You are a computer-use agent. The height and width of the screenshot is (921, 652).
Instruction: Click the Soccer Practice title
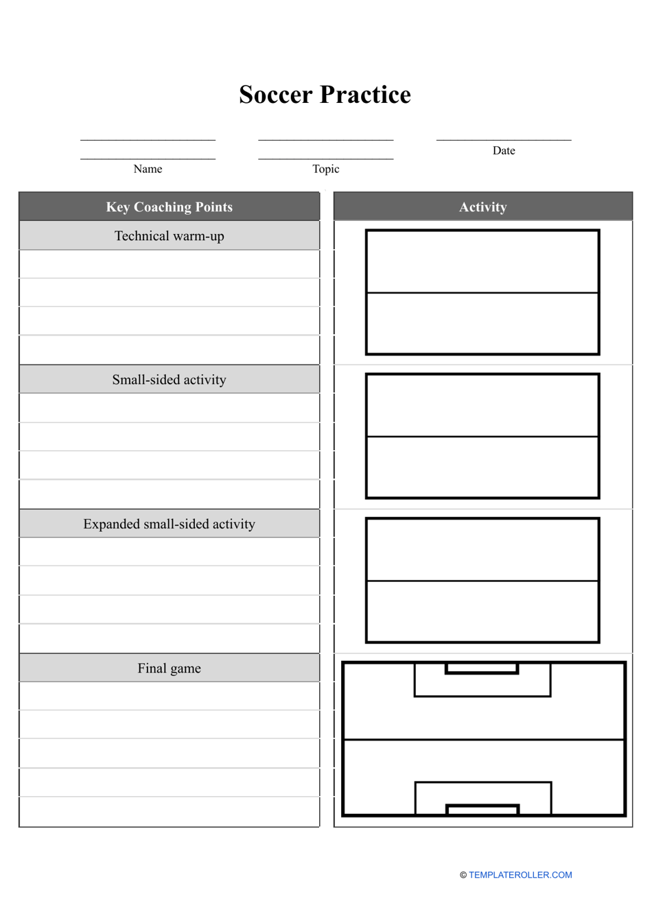(x=325, y=95)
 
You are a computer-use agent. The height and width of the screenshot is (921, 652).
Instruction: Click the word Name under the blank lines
(x=148, y=169)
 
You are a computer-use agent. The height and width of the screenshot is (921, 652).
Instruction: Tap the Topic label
(x=326, y=169)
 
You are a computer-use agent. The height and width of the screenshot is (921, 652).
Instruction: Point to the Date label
(x=504, y=151)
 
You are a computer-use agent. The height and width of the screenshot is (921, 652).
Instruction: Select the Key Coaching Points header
(x=170, y=207)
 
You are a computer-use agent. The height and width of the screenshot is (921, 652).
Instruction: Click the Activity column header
(x=483, y=207)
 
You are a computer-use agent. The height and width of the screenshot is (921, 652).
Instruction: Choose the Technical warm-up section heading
(x=170, y=236)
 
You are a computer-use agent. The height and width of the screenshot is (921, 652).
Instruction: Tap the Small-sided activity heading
(x=170, y=380)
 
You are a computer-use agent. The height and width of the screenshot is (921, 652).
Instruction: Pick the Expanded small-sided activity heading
(x=170, y=524)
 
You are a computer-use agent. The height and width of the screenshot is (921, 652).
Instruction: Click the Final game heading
(x=170, y=668)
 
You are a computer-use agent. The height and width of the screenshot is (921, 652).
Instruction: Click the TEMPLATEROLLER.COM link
(x=520, y=875)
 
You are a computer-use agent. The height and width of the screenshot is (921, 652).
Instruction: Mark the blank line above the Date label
(x=504, y=139)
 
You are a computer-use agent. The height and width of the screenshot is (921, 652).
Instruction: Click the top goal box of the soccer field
(x=482, y=668)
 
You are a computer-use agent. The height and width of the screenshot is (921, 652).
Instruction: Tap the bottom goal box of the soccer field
(x=482, y=810)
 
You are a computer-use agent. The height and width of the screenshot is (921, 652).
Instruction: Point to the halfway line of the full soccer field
(x=483, y=740)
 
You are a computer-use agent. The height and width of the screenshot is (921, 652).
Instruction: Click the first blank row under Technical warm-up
(x=170, y=264)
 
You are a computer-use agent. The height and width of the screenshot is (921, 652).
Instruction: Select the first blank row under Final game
(x=170, y=696)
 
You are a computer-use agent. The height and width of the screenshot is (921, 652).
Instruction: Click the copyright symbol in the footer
(x=463, y=875)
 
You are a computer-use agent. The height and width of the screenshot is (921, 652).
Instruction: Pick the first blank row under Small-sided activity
(x=170, y=408)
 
